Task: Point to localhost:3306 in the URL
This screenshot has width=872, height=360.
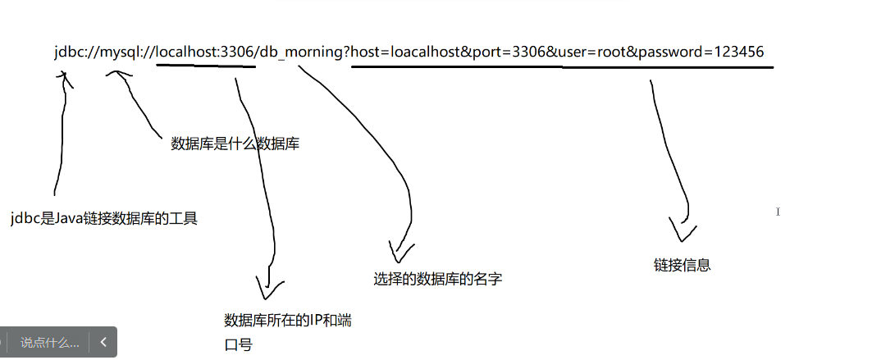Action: click(205, 52)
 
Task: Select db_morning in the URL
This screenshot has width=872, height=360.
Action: click(300, 52)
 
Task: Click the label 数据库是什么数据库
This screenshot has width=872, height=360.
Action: click(234, 144)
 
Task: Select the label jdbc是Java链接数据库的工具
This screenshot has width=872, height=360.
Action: click(104, 219)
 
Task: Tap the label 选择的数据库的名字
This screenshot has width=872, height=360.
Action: click(437, 279)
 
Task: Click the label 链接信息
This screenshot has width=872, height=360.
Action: click(682, 265)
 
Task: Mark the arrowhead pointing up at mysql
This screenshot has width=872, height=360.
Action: click(119, 75)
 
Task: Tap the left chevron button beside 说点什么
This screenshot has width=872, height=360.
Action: click(103, 342)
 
